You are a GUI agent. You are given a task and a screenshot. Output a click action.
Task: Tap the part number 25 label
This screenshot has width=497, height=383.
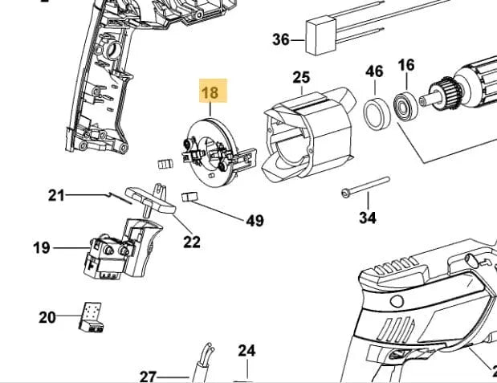click(x=301, y=78)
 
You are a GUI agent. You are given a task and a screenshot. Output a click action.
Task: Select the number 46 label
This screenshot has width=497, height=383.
click(x=374, y=71)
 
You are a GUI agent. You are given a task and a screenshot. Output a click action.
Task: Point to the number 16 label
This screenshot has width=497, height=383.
click(x=406, y=65)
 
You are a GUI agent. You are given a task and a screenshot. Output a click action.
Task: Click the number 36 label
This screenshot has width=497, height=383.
click(x=280, y=39)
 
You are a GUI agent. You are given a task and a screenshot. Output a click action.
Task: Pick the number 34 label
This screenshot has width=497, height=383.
click(x=367, y=218)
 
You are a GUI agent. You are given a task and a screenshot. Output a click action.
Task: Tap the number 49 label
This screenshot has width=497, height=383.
click(x=255, y=221)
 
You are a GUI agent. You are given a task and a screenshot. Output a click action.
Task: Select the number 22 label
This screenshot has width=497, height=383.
click(x=191, y=241)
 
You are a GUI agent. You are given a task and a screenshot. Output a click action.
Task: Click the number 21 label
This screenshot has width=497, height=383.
click(x=56, y=194)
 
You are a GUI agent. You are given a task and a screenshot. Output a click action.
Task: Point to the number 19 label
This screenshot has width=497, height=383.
click(x=42, y=248)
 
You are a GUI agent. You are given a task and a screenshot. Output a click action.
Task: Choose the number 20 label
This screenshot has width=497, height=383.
click(x=47, y=317)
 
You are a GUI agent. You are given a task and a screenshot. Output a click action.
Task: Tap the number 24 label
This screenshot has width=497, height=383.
click(x=246, y=351)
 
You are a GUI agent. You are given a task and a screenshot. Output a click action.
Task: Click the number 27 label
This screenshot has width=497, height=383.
click(x=148, y=377)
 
